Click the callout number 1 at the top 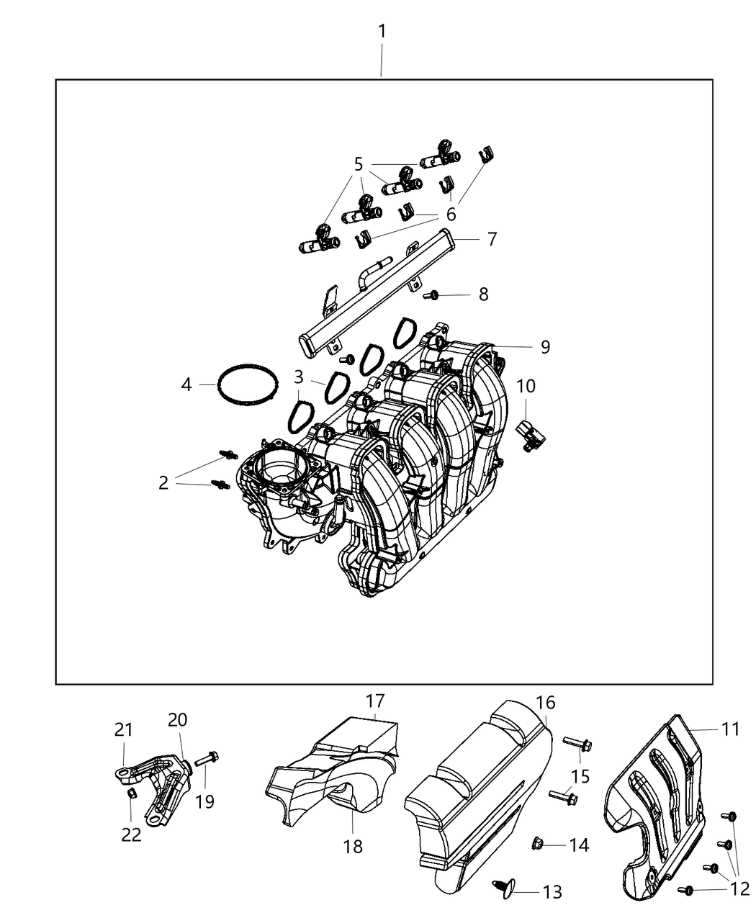(382, 32)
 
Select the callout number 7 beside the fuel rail (492, 239)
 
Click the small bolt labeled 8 (433, 294)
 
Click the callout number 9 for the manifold (545, 347)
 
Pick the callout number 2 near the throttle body (163, 482)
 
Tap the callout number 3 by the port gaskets (298, 377)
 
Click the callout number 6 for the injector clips (451, 215)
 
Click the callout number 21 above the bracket (124, 730)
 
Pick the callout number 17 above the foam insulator (375, 701)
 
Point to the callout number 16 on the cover (545, 703)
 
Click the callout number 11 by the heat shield (731, 730)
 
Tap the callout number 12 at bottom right (739, 890)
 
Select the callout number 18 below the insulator (353, 846)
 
